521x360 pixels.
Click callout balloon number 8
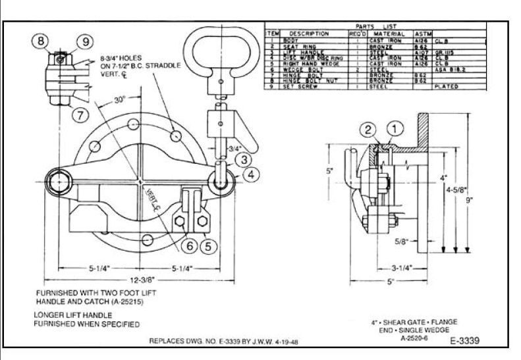[41, 41]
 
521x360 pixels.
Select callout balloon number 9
[85, 41]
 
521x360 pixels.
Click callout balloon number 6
[188, 246]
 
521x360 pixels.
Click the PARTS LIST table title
[375, 27]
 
